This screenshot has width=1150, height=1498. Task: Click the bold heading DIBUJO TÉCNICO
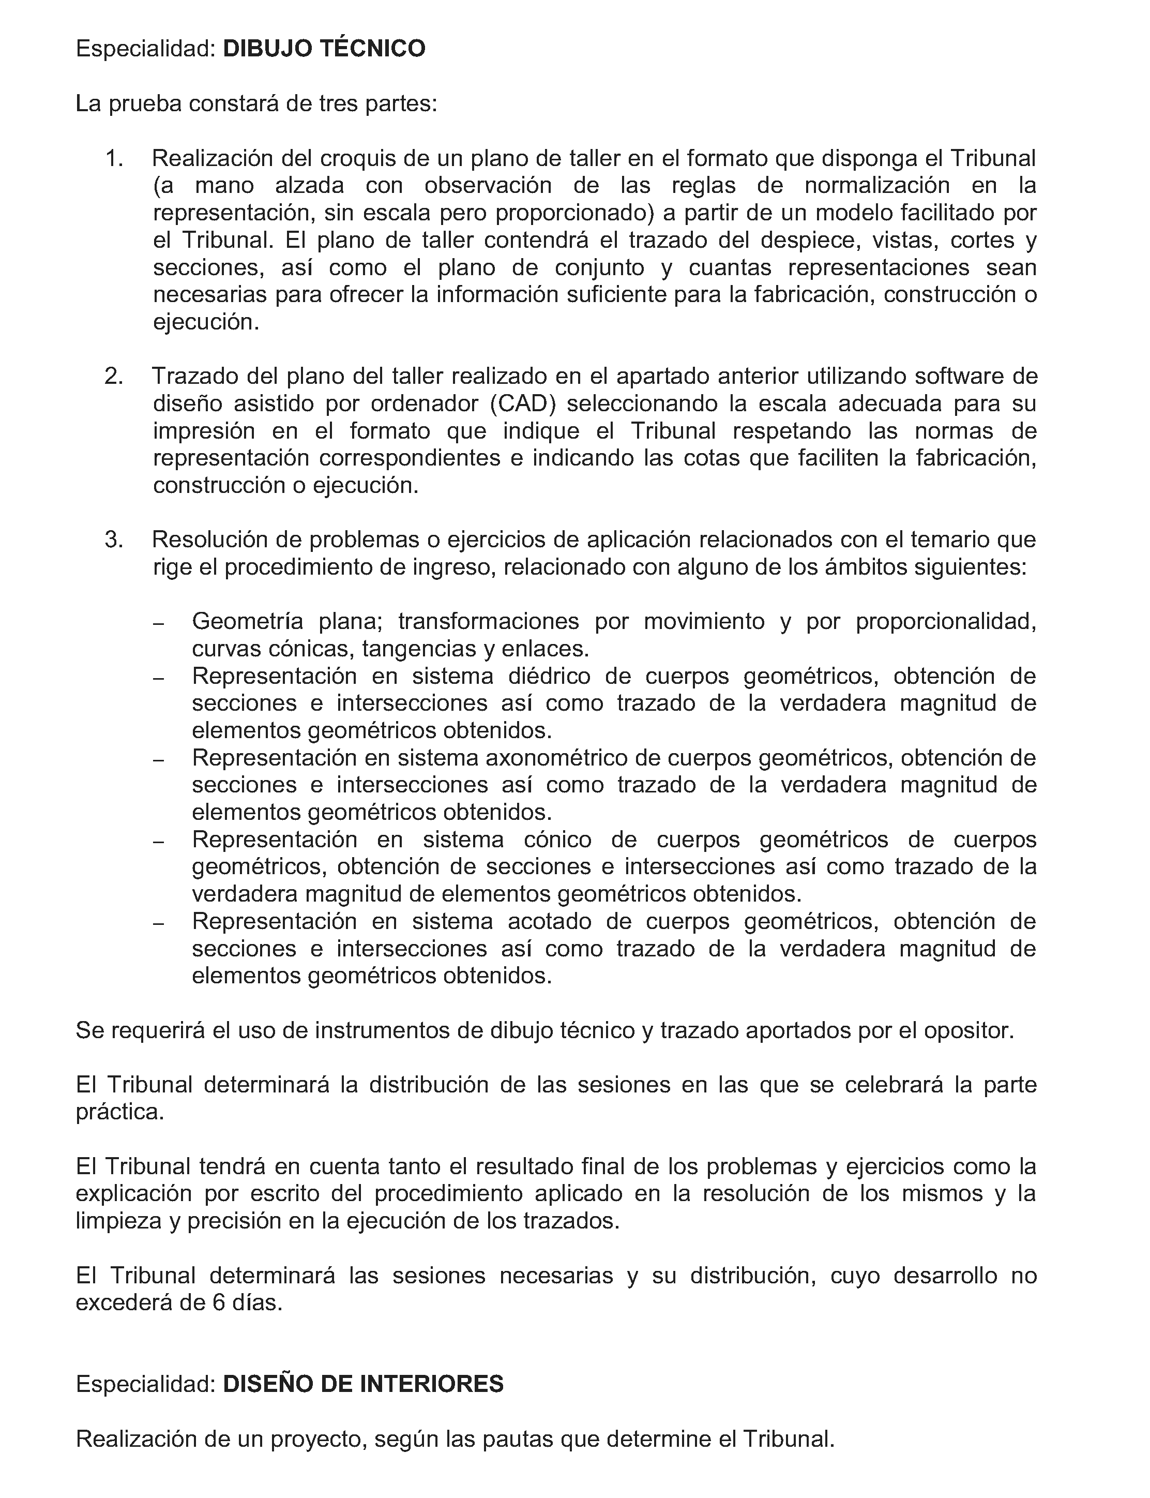[x=324, y=49]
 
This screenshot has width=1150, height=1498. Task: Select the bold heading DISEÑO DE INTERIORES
[x=363, y=1384]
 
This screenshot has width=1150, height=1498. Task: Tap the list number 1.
[x=113, y=159]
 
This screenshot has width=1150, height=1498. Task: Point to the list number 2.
[x=113, y=377]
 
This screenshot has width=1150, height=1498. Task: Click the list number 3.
[x=113, y=540]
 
